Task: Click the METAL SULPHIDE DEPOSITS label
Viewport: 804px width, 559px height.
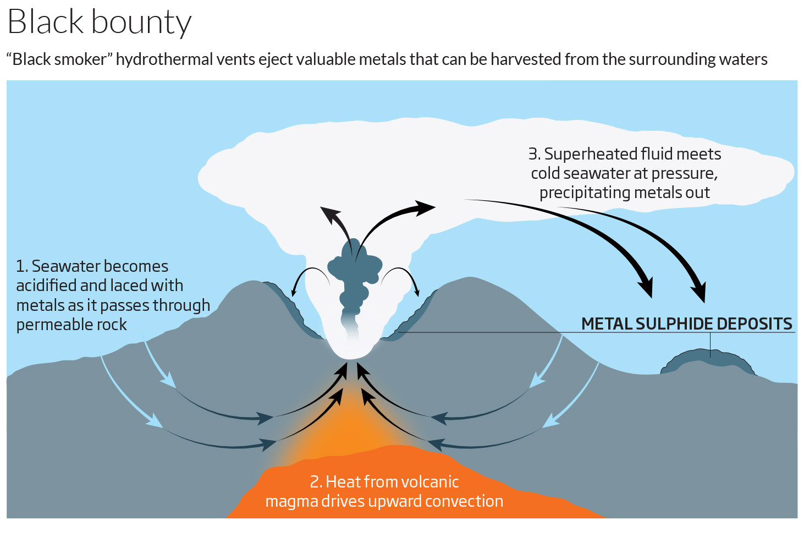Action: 686,324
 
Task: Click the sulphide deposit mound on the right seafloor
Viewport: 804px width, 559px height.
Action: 708,361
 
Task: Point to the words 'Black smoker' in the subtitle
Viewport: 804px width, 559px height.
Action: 59,59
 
